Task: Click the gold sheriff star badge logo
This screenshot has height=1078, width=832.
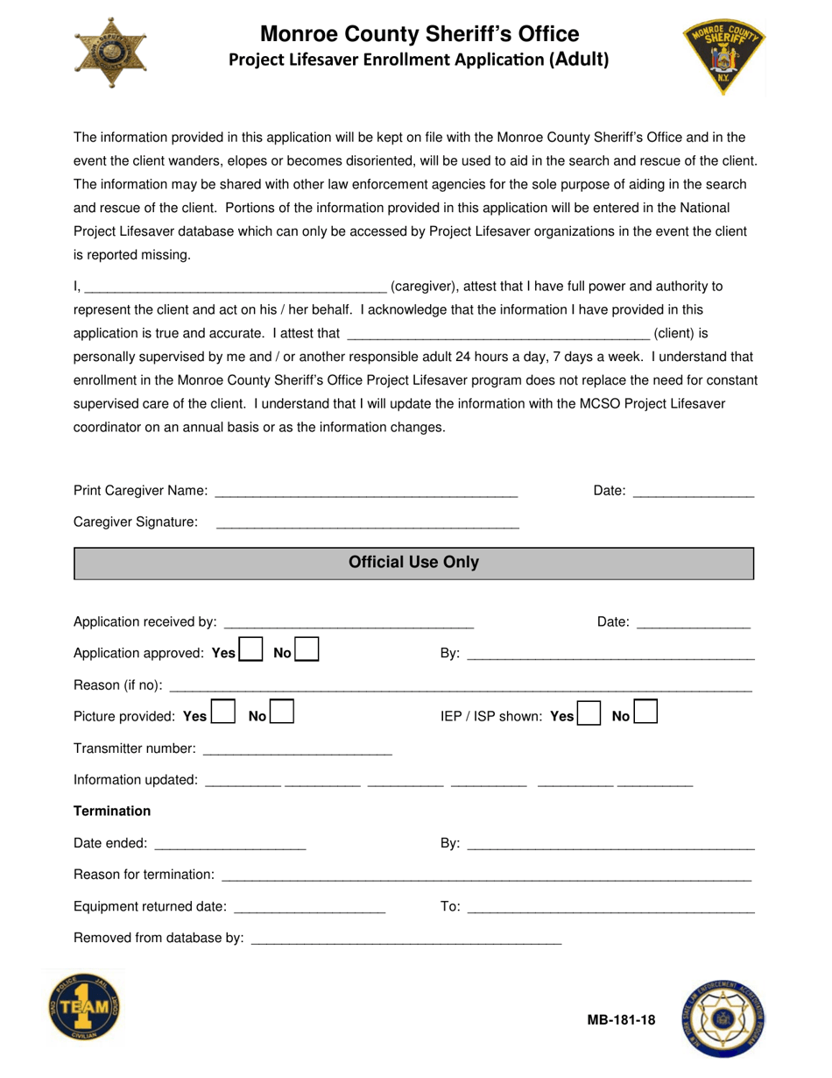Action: [110, 53]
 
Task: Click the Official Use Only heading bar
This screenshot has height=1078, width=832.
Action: [414, 563]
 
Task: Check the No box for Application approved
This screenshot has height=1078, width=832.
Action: [307, 651]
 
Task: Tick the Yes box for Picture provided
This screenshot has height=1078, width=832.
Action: [223, 714]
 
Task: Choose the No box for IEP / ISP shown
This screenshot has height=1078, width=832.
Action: [645, 714]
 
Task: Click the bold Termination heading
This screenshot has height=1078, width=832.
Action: [112, 811]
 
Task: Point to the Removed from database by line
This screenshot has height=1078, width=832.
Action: [405, 939]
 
